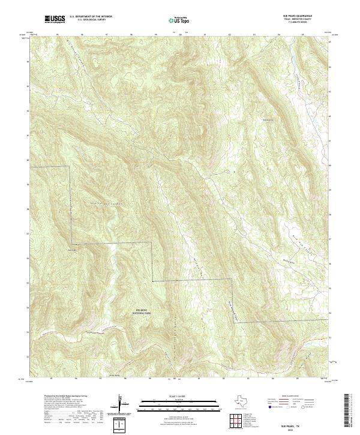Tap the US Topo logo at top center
pyautogui.click(x=179, y=20)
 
